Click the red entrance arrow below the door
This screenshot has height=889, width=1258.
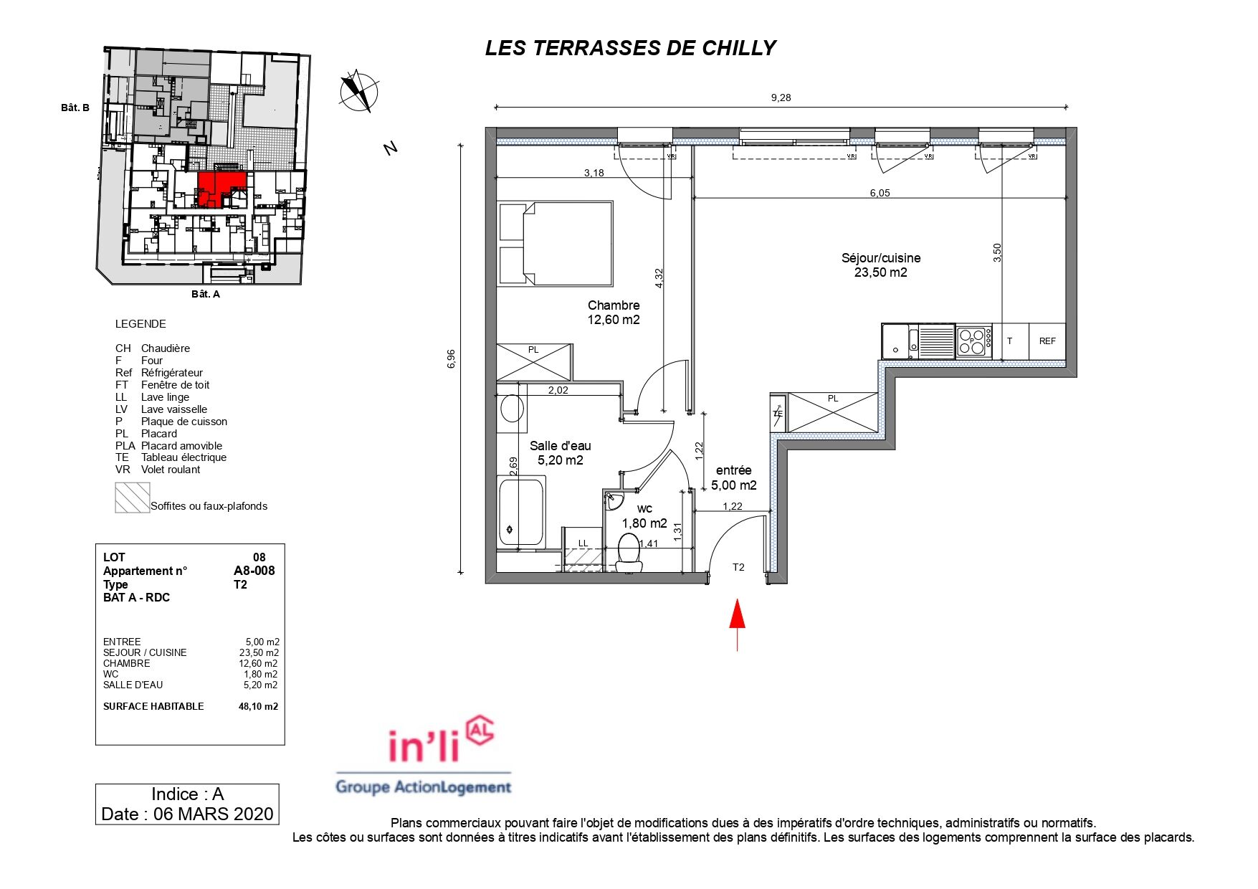coord(737,624)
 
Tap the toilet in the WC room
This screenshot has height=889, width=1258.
coord(629,553)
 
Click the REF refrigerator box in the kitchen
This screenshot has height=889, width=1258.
coord(1047,341)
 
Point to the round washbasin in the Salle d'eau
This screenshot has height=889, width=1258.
coord(512,409)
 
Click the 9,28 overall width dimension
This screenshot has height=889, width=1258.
coord(781,98)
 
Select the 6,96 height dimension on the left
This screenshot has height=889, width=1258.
coord(451,358)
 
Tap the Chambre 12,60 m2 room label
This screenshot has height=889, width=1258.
coord(614,313)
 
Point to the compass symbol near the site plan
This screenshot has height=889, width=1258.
coord(359,92)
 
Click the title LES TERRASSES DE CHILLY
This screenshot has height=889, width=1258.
coord(631,48)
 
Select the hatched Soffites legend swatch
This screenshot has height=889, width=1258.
coord(133,498)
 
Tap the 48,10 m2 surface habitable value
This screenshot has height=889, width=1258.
coord(258,706)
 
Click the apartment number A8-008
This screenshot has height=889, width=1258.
coord(254,571)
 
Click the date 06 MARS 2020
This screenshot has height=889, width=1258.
coord(214,814)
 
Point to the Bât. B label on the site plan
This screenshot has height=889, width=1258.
coord(75,108)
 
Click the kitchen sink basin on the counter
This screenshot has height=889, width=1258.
coord(895,341)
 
